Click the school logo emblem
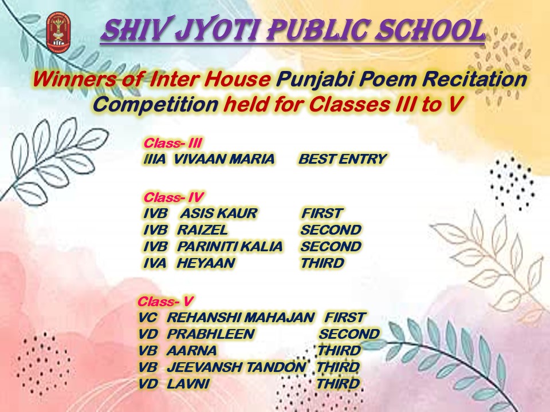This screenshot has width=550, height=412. click(58, 32)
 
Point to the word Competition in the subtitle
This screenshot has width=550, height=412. click(156, 104)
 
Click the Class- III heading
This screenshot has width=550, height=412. click(172, 143)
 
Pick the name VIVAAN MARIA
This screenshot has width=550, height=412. click(224, 159)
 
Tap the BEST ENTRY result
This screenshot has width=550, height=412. click(343, 159)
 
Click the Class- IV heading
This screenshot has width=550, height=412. click(173, 197)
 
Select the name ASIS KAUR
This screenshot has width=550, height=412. click(219, 213)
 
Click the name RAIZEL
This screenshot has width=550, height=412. click(202, 230)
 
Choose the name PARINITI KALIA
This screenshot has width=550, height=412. click(230, 247)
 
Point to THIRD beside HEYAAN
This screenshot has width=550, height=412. click(323, 263)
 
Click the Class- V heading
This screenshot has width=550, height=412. click(165, 302)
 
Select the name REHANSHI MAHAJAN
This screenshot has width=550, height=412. click(241, 318)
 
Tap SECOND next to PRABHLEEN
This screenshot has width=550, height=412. click(349, 334)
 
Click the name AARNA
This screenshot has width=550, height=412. click(192, 351)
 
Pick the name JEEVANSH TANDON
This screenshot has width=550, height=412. click(237, 367)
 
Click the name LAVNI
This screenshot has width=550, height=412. click(188, 384)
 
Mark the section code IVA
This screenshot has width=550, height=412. click(155, 263)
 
